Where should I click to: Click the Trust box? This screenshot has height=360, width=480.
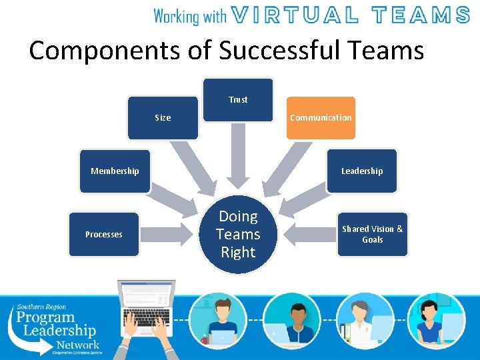[x=238, y=100]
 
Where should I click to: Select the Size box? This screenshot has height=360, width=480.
[x=163, y=118]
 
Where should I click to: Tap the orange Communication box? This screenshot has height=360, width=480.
[x=321, y=118]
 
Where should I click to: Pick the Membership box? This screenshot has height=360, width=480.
[x=115, y=171]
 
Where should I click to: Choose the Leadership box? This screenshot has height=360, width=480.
[x=362, y=171]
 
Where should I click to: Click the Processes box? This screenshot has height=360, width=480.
[x=104, y=234]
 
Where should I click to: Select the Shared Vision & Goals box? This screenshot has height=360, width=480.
[x=372, y=234]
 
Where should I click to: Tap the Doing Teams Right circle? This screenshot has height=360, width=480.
[x=238, y=234]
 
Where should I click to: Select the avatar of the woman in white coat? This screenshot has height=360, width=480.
[x=365, y=320]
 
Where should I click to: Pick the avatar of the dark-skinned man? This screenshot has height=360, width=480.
[x=291, y=320]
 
